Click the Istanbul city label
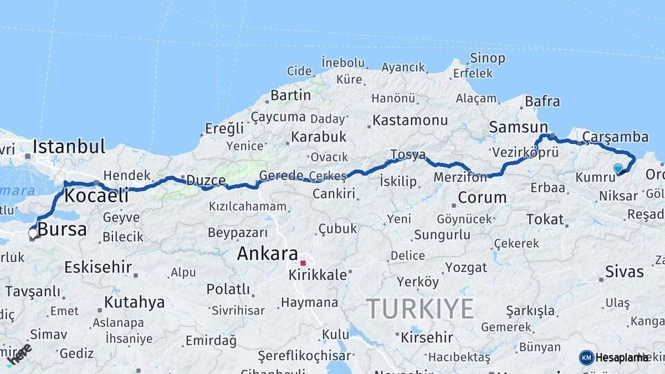coord(69,146)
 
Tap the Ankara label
coord(267,253)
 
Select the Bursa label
coord(62,229)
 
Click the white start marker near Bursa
coord(33,233)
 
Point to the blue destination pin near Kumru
coord(618,168)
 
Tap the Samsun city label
coord(518,127)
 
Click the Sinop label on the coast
coord(488,58)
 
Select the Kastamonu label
coord(410,121)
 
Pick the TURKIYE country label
coord(420,308)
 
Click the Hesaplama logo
coord(614,357)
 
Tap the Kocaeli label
coord(96,196)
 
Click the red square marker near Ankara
coord(303,263)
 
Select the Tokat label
coord(545,219)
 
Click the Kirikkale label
coord(318,275)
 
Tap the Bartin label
coord(290,95)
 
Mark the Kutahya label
coord(134,302)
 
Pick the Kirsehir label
coord(427,338)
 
